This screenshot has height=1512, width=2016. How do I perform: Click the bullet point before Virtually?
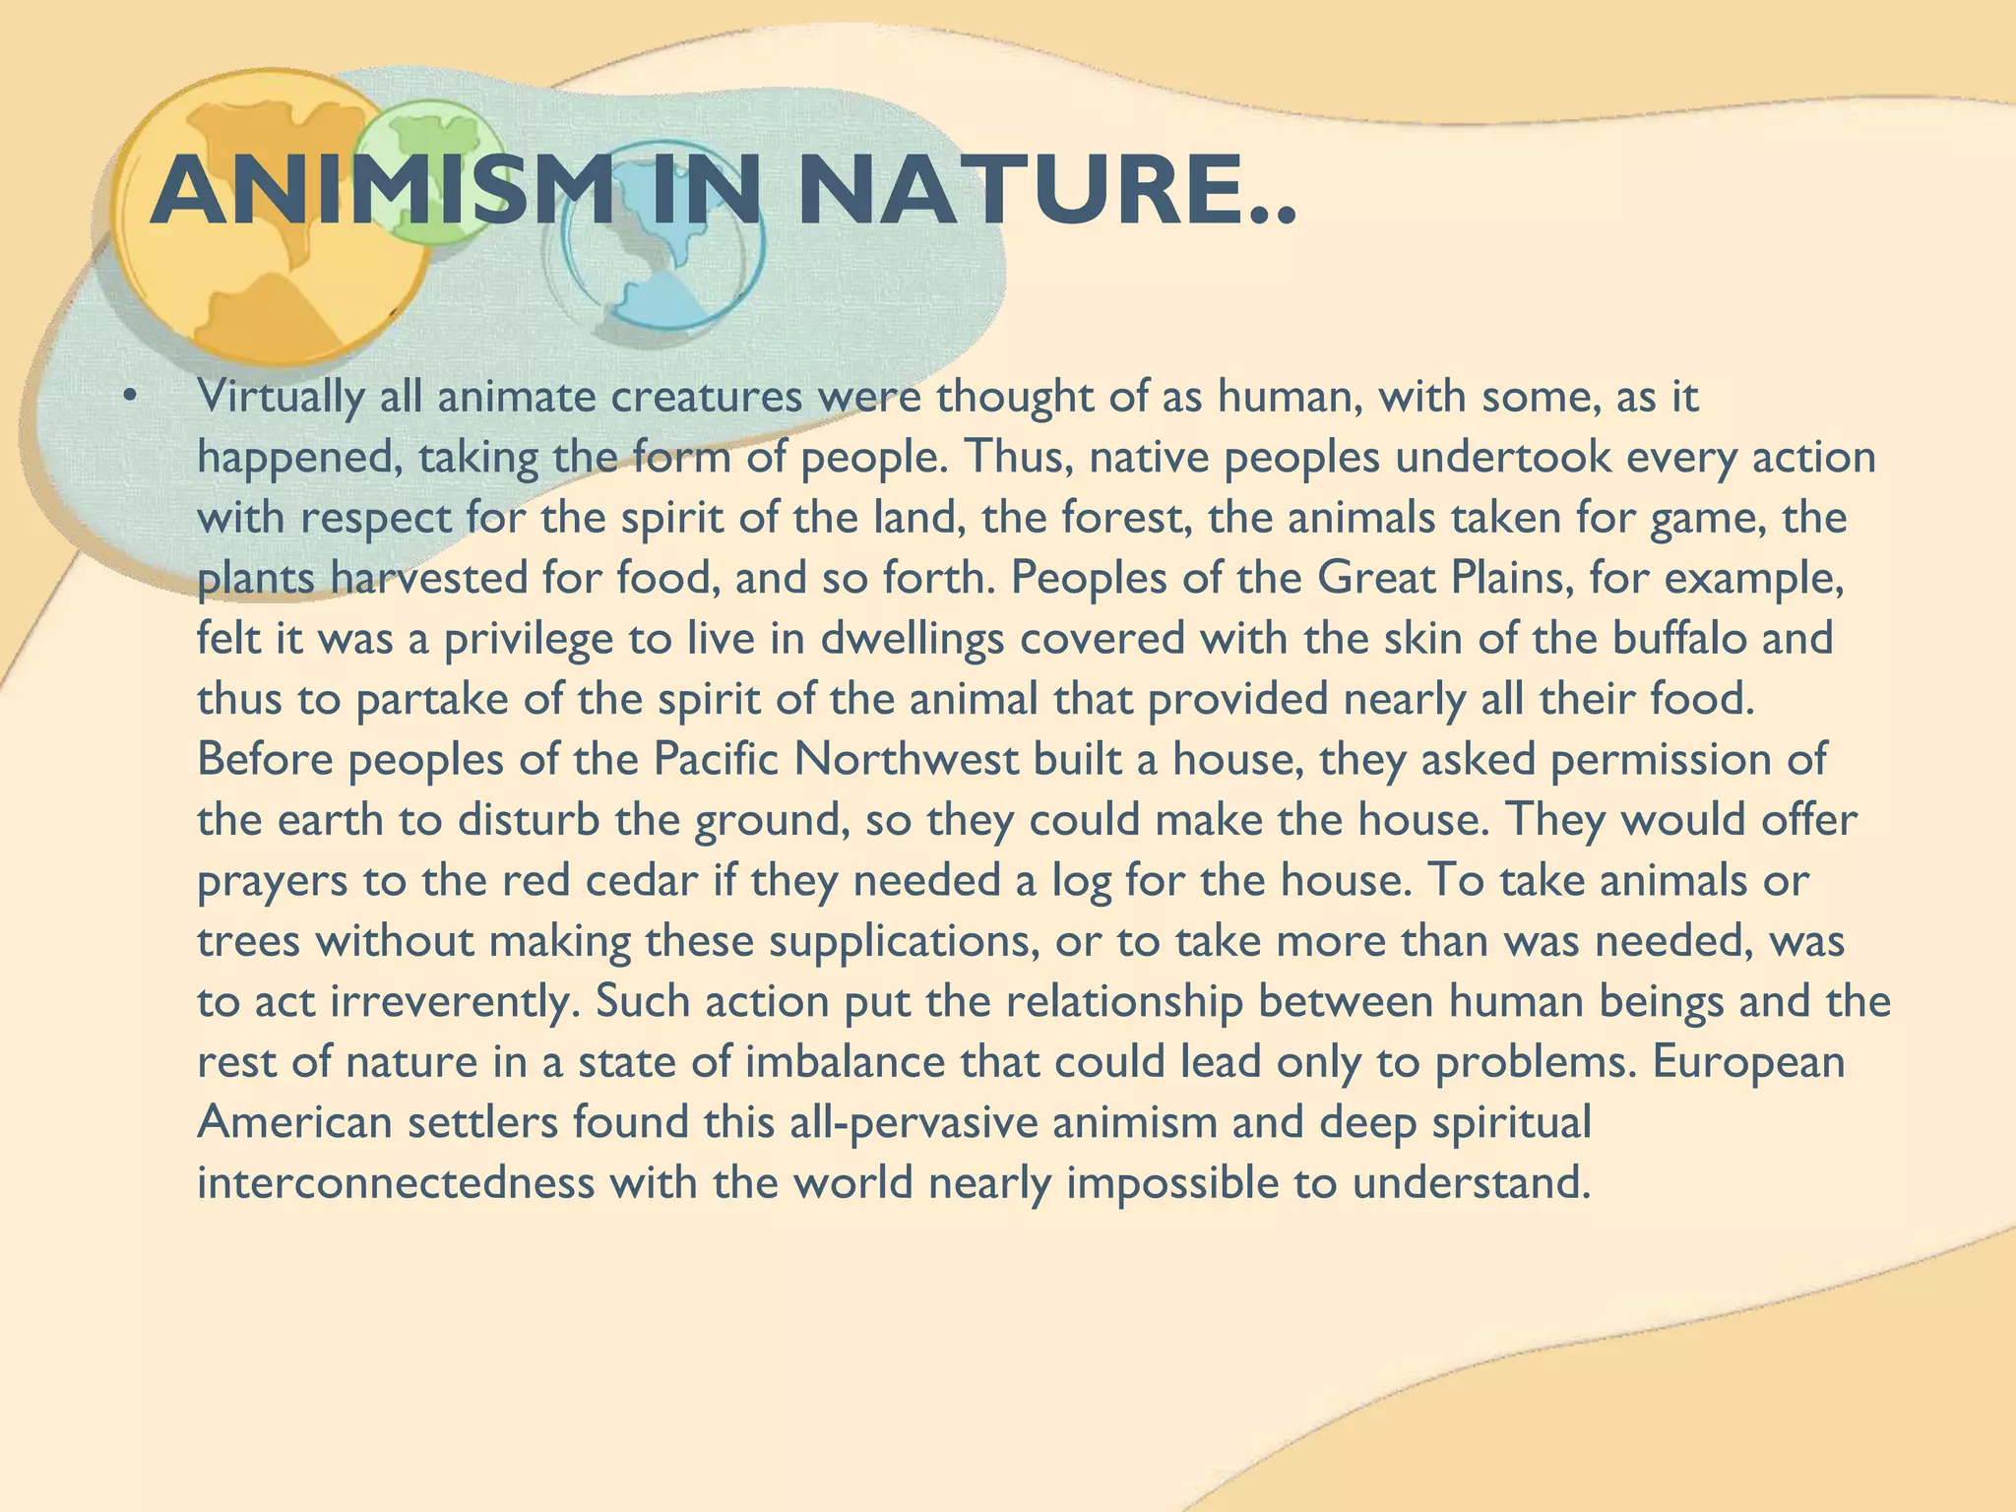127,398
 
